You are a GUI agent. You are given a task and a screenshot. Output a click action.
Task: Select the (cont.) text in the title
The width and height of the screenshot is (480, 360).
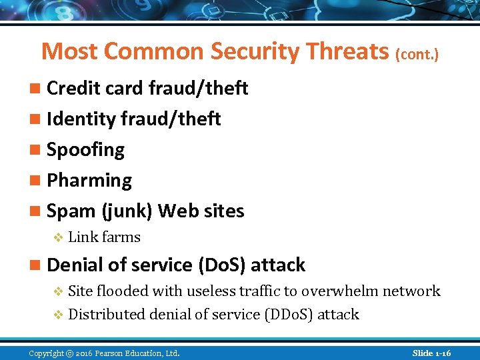[417, 54]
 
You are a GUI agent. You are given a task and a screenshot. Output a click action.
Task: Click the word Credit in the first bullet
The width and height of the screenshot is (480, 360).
[71, 88]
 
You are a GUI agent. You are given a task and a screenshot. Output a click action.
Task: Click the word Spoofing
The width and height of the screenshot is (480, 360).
[85, 149]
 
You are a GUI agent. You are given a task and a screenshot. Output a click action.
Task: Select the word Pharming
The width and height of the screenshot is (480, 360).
[89, 180]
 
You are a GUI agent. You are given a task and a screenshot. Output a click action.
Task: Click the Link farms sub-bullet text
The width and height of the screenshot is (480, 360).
[104, 237]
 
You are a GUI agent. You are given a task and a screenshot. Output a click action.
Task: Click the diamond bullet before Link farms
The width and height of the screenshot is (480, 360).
[57, 238]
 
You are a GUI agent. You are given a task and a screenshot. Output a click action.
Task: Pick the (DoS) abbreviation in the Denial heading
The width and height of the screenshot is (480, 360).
[223, 265]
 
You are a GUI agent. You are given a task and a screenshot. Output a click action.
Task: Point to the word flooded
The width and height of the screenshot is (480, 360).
[123, 291]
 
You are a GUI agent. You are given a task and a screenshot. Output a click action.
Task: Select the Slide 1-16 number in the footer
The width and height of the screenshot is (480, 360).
[431, 353]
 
